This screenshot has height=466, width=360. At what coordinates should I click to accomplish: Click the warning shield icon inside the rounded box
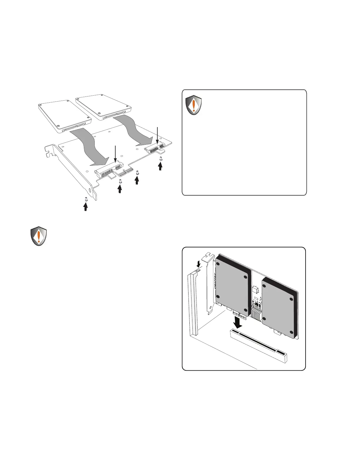[x=194, y=105]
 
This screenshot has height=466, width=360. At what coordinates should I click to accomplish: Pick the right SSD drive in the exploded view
[x=103, y=107]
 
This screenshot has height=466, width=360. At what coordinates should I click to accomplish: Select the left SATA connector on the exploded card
[x=107, y=170]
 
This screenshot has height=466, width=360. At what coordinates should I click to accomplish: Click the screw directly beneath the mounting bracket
[x=86, y=199]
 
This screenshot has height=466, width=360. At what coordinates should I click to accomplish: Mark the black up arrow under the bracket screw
[x=85, y=207]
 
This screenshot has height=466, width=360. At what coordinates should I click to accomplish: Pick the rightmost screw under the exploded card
[x=160, y=159]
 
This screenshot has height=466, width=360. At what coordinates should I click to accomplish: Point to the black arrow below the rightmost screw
[x=160, y=167]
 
